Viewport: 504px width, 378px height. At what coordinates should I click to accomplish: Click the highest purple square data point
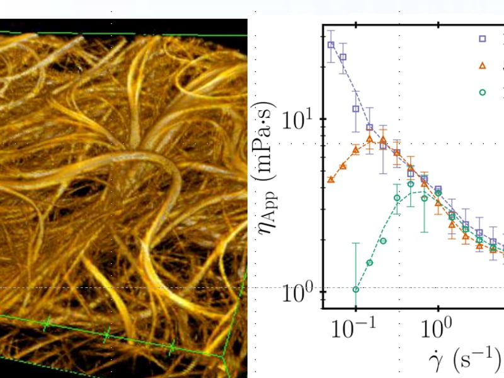click(331, 45)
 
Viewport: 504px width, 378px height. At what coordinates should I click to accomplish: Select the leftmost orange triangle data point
click(331, 180)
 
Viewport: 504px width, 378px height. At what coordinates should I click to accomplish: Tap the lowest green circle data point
click(356, 289)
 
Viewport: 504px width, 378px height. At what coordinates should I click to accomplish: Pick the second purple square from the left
click(343, 57)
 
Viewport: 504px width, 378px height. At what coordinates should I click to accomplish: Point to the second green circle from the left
click(370, 263)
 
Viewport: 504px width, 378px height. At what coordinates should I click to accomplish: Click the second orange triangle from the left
click(343, 166)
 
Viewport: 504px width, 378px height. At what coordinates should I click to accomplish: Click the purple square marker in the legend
click(483, 38)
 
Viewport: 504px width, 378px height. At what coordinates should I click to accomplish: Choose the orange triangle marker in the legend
click(483, 65)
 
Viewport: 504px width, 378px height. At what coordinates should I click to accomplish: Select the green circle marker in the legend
click(483, 92)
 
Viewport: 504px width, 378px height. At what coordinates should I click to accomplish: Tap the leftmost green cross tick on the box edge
click(46, 323)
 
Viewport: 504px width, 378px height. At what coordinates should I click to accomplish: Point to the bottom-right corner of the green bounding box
click(226, 357)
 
